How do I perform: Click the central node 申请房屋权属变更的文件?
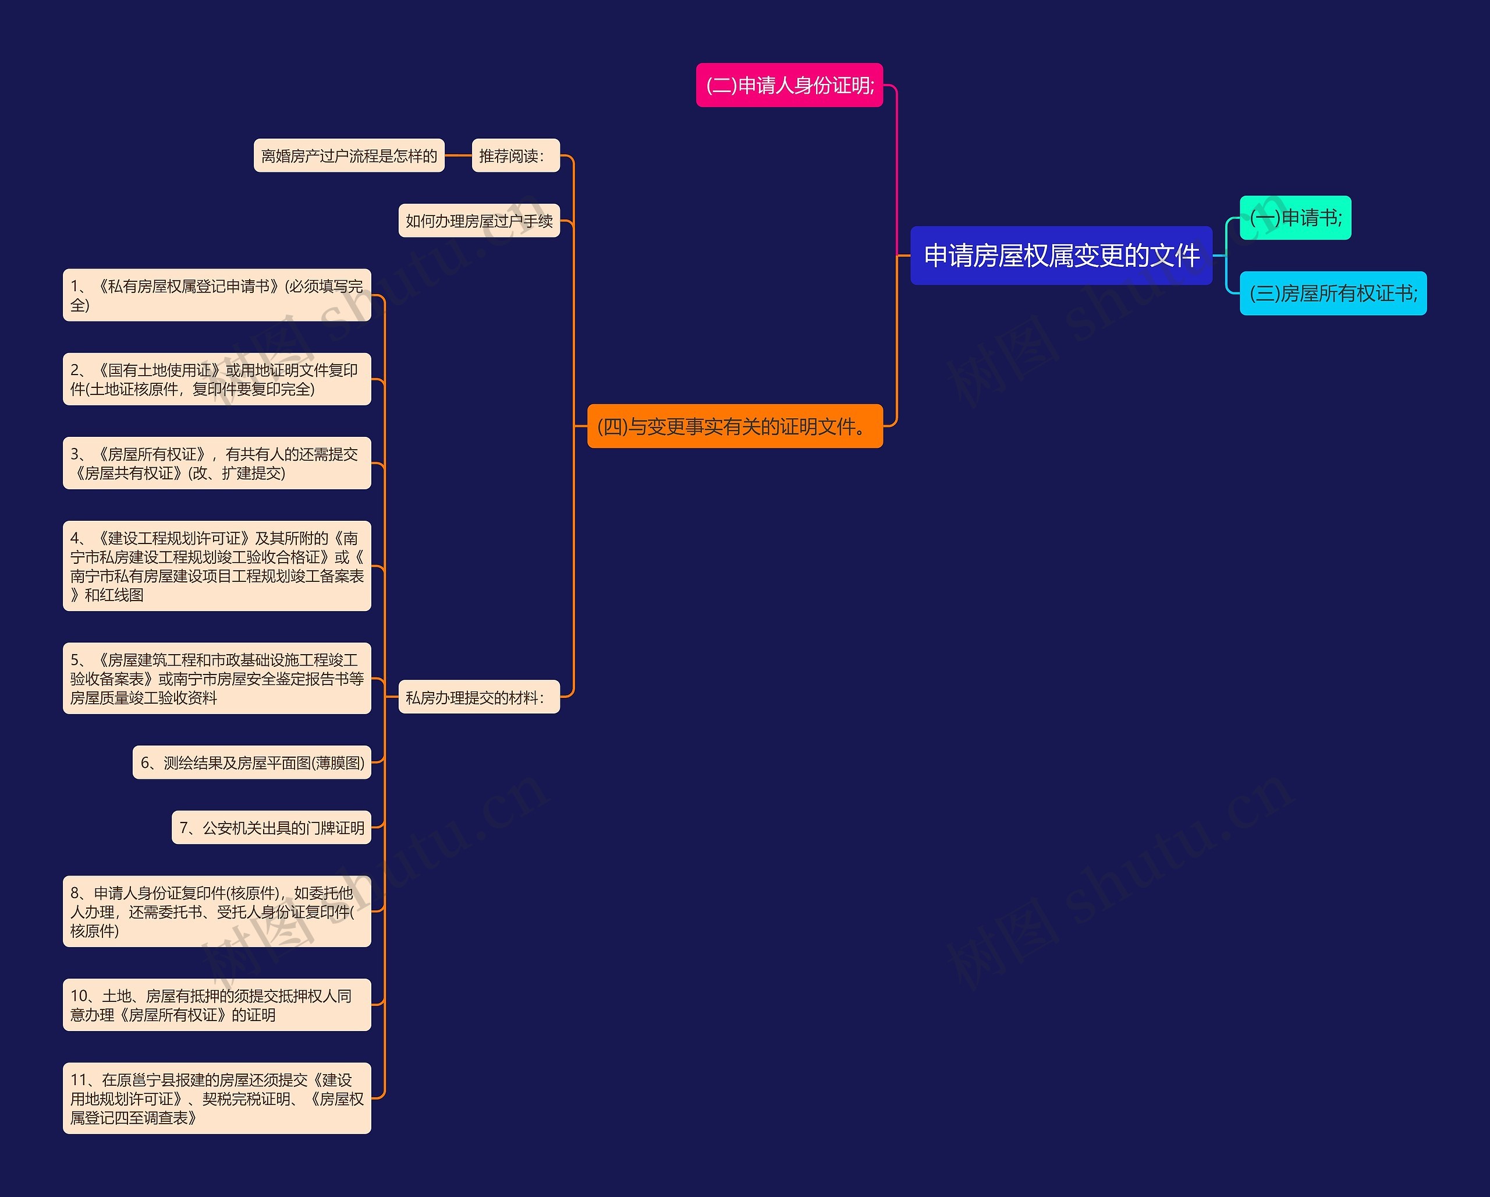(x=1061, y=255)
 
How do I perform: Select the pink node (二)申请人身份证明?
(x=789, y=85)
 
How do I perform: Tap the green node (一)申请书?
(x=1295, y=218)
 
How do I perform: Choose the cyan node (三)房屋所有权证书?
(x=1332, y=293)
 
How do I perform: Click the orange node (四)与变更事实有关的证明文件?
(x=735, y=426)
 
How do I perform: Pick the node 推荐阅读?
(x=515, y=156)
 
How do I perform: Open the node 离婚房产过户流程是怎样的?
(x=349, y=156)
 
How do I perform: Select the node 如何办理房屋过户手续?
(x=479, y=221)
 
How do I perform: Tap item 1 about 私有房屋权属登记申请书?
(x=217, y=295)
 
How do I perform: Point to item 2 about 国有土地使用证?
(x=217, y=379)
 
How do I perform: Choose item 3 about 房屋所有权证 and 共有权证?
(x=217, y=463)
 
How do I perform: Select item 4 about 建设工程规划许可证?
(x=217, y=566)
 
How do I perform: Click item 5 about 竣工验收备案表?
(x=217, y=679)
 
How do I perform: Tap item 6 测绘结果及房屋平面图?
(x=251, y=762)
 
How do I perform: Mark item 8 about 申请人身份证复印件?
(x=217, y=912)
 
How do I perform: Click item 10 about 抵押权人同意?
(x=217, y=1005)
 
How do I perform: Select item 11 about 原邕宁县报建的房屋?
(x=217, y=1098)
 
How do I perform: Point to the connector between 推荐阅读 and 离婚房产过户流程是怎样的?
(x=458, y=156)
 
